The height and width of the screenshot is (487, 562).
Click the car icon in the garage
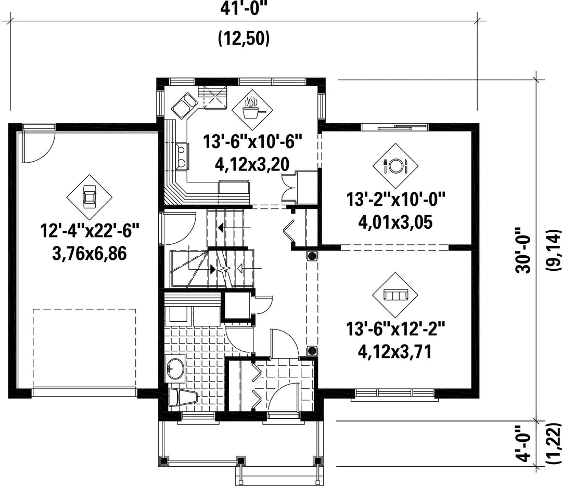tap(90, 196)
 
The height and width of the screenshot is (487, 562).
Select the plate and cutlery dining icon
tap(395, 165)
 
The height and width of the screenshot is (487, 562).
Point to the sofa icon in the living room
tap(395, 295)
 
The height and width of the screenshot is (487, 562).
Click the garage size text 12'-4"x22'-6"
tap(90, 230)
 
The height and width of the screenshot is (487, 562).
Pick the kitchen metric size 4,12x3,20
tap(252, 164)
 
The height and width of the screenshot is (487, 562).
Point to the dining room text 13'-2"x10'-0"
tap(395, 199)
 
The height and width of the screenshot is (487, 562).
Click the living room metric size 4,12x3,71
tap(394, 352)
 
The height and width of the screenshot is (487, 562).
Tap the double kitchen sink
tap(184, 104)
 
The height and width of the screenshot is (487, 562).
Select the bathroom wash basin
tap(176, 367)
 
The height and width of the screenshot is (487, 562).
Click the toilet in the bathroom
tap(182, 398)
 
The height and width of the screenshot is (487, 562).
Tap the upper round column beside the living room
tap(312, 256)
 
